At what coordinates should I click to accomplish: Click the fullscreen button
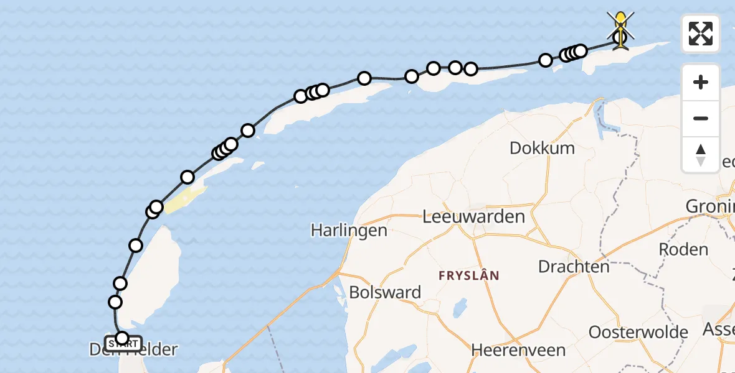[701, 34]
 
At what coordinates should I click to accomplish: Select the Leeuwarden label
[473, 217]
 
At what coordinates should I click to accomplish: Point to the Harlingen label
[349, 231]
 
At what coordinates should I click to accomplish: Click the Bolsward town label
[385, 292]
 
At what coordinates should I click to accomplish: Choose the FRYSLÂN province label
[469, 275]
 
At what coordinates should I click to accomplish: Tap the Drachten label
[574, 267]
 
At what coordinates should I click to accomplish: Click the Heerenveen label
[518, 350]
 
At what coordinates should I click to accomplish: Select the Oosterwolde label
[638, 332]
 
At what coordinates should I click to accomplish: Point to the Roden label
[683, 250]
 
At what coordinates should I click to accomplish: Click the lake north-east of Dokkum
[603, 118]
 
